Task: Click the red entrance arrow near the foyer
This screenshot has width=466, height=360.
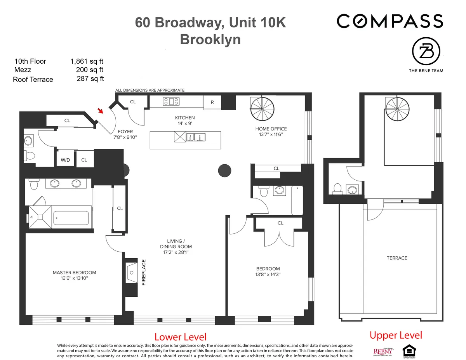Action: pos(101,111)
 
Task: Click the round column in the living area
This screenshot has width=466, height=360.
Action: pos(225,170)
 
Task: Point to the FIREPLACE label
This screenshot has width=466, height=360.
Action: pos(143,273)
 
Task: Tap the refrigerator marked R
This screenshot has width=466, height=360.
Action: pos(212,102)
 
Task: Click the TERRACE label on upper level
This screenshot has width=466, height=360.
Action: pos(396,258)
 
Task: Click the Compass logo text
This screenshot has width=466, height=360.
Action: pos(389,21)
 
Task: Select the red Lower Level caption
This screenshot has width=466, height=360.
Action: pos(180,337)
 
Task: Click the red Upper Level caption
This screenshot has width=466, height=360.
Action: pos(396,335)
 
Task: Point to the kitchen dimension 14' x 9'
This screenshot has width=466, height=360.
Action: pos(185,123)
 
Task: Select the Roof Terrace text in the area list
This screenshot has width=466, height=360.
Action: pos(33,79)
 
